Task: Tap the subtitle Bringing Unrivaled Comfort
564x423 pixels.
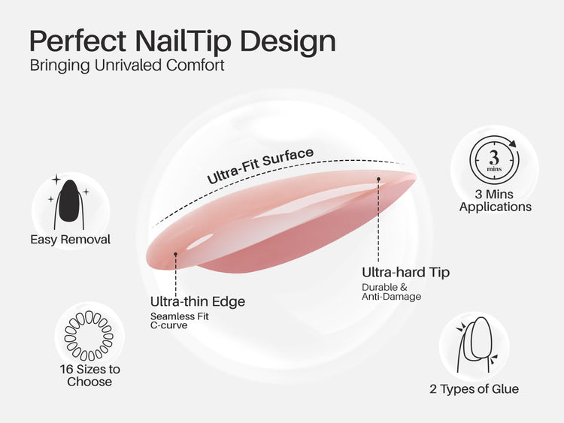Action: point(127,65)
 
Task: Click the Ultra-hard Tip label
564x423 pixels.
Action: point(405,272)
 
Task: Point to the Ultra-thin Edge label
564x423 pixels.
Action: point(198,302)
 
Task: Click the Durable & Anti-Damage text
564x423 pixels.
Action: point(392,292)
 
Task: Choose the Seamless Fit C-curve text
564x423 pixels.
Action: point(180,321)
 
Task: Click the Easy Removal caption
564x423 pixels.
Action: point(70,240)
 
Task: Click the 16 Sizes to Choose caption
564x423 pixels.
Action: point(89,375)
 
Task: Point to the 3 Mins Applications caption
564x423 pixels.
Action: point(495,201)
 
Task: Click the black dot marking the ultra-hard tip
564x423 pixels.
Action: point(378,179)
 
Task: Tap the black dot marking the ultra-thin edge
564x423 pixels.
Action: point(175,254)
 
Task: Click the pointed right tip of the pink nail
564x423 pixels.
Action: point(414,177)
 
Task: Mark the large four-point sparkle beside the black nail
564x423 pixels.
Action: point(56,180)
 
